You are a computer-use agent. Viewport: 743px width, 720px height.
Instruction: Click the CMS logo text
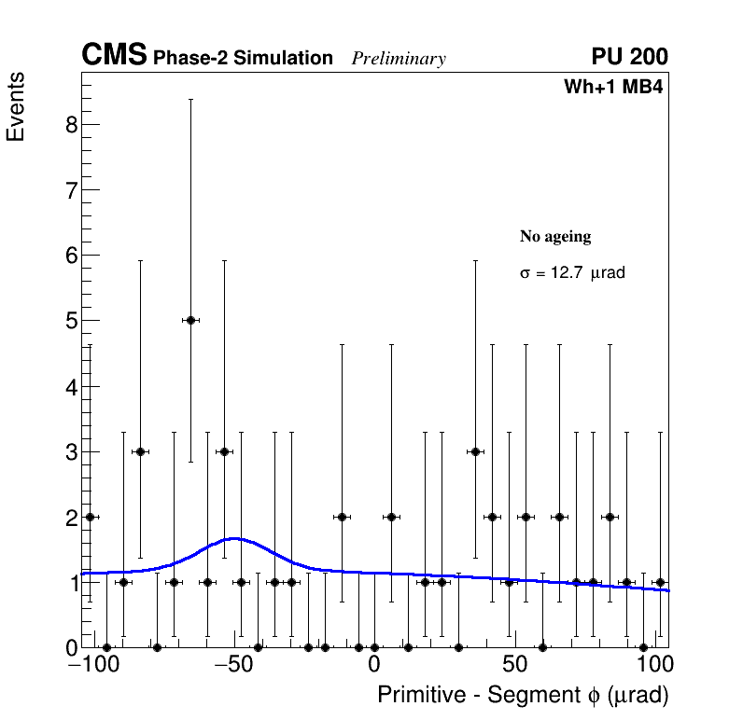(x=114, y=57)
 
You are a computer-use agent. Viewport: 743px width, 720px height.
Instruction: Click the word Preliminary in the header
(x=399, y=59)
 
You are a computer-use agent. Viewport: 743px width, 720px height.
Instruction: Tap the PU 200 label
(x=629, y=57)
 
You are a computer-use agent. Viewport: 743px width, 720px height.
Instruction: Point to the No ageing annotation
(x=555, y=237)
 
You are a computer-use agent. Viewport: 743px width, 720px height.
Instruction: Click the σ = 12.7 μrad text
(x=572, y=274)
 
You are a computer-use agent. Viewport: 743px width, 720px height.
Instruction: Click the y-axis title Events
(x=16, y=106)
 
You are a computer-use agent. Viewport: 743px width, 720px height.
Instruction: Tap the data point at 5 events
(x=190, y=320)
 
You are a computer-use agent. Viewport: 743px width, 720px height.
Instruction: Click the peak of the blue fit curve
(x=234, y=538)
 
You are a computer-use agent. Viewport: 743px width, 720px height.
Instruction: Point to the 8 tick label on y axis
(x=71, y=125)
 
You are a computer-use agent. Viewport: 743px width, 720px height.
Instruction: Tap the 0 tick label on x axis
(x=373, y=666)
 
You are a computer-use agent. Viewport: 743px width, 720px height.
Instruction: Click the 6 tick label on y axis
(x=71, y=256)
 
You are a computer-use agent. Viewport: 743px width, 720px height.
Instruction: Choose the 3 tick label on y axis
(x=71, y=451)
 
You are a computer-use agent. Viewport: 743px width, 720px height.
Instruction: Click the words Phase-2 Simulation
(x=243, y=59)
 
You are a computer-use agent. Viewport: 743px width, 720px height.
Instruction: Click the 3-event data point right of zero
(x=475, y=451)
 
